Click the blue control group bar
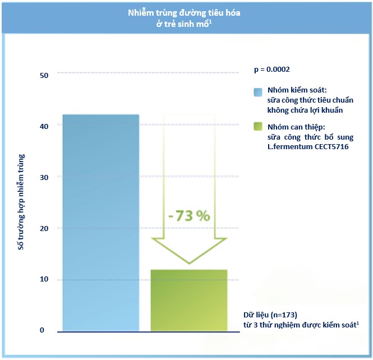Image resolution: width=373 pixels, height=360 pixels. (x=100, y=222)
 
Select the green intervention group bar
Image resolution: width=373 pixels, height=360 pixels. (x=188, y=300)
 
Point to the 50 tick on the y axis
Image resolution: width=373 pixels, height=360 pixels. (x=45, y=75)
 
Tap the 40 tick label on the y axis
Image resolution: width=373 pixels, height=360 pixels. (x=45, y=126)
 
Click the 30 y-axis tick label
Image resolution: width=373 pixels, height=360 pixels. (x=45, y=177)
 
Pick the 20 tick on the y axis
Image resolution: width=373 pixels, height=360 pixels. (x=45, y=228)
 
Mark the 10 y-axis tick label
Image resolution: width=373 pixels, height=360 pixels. (x=45, y=279)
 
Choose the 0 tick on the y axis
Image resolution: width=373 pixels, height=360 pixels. (x=42, y=330)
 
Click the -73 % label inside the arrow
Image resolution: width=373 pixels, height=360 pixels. (x=188, y=216)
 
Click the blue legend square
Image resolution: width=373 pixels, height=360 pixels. (x=258, y=93)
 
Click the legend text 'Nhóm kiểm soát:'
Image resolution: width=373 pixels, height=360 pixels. (x=297, y=90)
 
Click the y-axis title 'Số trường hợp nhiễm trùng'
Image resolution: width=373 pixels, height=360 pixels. (x=21, y=201)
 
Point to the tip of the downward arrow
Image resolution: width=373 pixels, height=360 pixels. (x=190, y=262)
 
